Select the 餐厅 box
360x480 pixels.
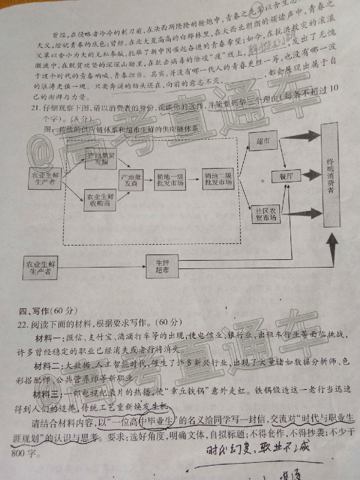pos(285,176)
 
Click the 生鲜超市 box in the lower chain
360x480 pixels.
pos(162,266)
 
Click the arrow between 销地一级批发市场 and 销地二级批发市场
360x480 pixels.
pos(193,180)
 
